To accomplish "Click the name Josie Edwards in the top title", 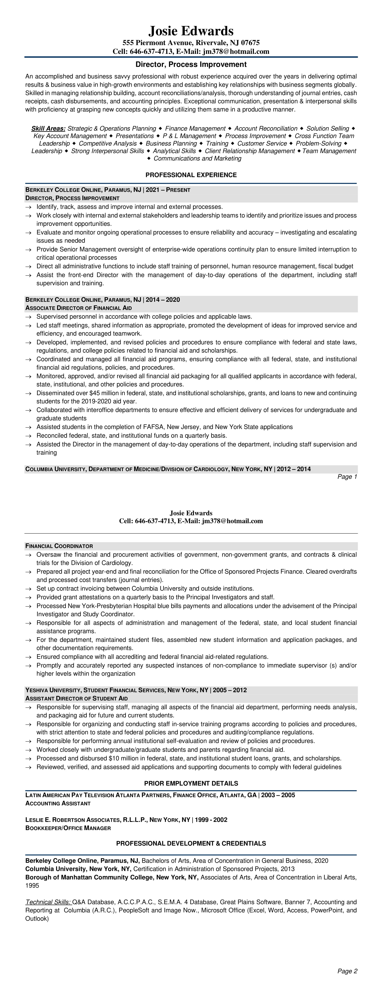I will tap(191, 31).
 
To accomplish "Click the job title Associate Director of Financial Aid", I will tap(78, 308).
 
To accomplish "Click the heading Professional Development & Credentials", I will tap(191, 844).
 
